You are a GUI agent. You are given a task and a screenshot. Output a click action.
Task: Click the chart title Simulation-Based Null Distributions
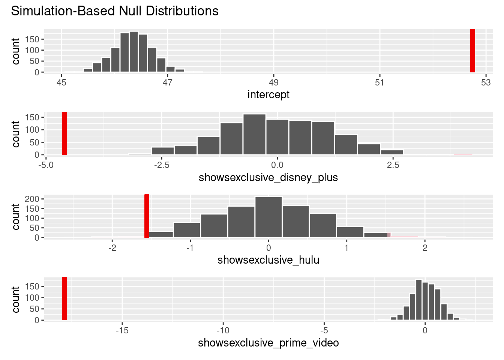click(x=115, y=11)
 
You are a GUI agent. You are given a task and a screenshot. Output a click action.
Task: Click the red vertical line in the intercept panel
click(x=472, y=51)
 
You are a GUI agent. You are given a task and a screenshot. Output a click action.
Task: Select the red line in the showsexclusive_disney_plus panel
click(x=64, y=133)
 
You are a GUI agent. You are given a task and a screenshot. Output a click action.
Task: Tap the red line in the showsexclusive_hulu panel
click(x=147, y=216)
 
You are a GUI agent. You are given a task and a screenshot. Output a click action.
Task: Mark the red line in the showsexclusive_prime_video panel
click(x=64, y=299)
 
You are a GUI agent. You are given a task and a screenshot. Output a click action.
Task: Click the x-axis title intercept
click(x=268, y=94)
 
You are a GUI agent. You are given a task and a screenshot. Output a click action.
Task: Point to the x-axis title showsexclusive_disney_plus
click(x=268, y=177)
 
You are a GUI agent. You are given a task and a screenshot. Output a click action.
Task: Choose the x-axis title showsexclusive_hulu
click(x=268, y=260)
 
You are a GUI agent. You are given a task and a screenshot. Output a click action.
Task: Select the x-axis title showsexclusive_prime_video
click(x=268, y=343)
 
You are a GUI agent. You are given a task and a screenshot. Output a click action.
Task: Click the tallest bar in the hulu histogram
click(x=268, y=217)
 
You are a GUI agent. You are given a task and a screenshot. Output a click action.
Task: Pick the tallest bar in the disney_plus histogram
click(x=254, y=134)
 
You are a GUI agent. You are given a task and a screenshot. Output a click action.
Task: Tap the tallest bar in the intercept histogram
click(x=134, y=52)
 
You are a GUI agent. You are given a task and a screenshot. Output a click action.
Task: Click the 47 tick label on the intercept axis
click(x=168, y=82)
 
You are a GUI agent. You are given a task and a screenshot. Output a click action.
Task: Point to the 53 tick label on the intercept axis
click(x=486, y=82)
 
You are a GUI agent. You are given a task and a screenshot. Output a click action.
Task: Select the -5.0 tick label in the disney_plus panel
click(x=46, y=165)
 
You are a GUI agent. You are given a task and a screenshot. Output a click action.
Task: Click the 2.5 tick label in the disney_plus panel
click(x=393, y=165)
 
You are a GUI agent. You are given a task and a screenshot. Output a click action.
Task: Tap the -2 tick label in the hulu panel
click(x=112, y=248)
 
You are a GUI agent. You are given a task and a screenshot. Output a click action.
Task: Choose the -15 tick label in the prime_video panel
click(x=122, y=331)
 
